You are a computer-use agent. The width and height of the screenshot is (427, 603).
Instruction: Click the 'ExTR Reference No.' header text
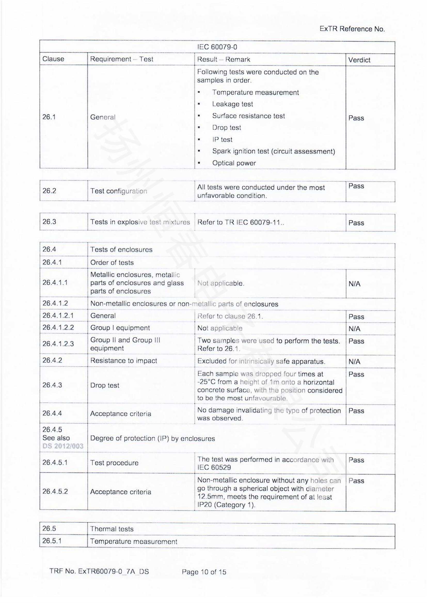point(352,29)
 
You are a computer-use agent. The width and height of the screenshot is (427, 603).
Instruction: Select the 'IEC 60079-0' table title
point(217,47)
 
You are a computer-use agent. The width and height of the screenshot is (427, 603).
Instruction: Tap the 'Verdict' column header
point(359,60)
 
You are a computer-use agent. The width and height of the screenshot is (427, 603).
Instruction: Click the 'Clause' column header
point(53,59)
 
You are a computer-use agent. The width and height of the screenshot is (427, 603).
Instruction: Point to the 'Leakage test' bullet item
point(232,104)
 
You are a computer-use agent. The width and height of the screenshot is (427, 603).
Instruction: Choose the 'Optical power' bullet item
point(234,163)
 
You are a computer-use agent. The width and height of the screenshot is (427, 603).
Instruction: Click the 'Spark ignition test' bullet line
point(273,151)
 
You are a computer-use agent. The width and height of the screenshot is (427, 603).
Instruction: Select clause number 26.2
point(49,191)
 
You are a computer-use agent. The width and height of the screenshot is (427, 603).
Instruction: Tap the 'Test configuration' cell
point(118,191)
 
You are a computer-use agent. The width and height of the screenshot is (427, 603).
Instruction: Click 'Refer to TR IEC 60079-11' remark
point(241,222)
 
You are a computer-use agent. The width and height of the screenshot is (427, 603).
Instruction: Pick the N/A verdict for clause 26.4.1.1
point(354,284)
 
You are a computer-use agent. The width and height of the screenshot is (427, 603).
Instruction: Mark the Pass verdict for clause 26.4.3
point(356,374)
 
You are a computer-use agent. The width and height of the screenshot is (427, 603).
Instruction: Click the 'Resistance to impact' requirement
point(124,361)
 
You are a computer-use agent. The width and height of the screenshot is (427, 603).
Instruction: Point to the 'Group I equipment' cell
point(120,328)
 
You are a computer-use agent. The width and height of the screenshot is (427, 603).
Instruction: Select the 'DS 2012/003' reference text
point(63,446)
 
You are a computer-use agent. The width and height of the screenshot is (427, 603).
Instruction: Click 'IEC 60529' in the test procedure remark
point(214,467)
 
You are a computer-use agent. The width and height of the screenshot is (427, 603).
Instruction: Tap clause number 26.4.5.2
point(55,491)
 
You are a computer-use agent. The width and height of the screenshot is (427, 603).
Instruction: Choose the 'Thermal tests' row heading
point(112,529)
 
